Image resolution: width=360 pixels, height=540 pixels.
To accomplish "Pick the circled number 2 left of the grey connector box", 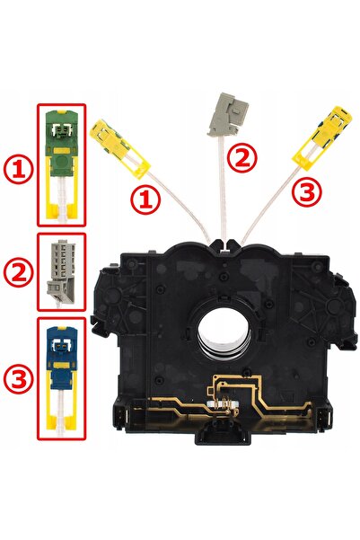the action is pos(18,273).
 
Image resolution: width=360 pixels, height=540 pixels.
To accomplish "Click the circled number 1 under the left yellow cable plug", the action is pos(145,199).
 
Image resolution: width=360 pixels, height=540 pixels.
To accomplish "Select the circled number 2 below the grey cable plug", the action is pos(243,156).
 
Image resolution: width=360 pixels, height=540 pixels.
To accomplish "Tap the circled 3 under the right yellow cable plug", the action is pos(307,191).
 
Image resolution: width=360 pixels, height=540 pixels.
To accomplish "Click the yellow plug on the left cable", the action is pos(119,148).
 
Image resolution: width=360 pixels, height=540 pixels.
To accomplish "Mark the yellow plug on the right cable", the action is pos(322,137).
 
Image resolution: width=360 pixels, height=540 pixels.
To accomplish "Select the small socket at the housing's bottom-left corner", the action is pos(119,415).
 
